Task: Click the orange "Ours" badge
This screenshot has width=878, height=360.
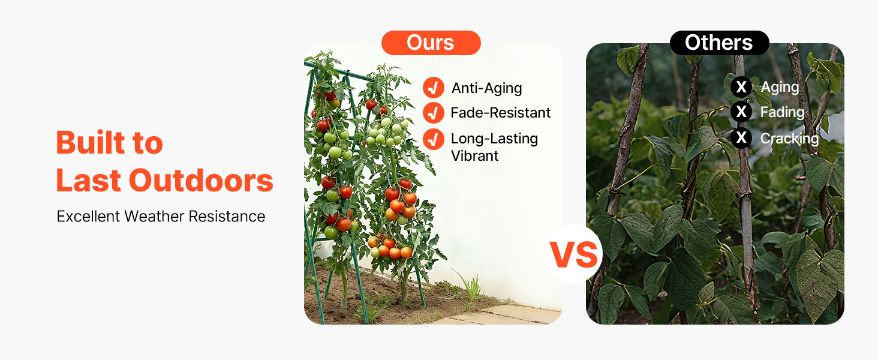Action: [431, 43]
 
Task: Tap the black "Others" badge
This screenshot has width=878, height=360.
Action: [719, 43]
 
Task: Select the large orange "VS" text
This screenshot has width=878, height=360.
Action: [573, 255]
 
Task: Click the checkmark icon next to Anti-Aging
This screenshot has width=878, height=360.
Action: [434, 88]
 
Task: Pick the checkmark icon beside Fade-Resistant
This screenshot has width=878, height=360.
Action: [434, 113]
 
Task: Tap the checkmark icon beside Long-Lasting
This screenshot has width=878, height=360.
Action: [434, 139]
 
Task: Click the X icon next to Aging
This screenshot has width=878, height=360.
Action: [741, 86]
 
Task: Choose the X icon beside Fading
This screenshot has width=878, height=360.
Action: [741, 112]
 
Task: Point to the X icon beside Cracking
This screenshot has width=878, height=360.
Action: [741, 137]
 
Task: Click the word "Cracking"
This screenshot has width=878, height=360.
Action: [789, 139]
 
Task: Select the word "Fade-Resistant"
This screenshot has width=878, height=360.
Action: [501, 113]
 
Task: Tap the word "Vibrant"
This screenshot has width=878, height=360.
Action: [474, 156]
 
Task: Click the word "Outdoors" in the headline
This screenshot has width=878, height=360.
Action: [201, 181]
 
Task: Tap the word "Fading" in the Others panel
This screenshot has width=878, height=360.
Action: [783, 113]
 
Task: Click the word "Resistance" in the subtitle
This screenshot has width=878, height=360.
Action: [227, 217]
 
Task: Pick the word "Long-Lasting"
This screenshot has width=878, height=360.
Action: [495, 139]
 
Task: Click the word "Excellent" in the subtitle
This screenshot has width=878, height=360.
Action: [88, 217]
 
